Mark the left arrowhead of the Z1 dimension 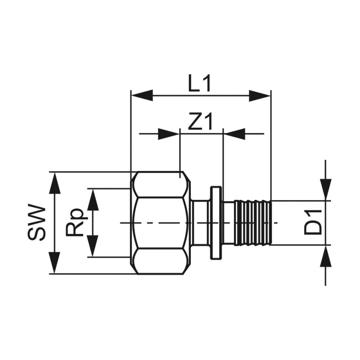point(169,134)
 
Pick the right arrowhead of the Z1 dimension point(234,134)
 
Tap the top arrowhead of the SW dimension point(54,182)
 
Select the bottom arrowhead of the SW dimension point(54,263)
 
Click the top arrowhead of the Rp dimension point(93,199)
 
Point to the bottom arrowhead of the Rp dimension point(93,246)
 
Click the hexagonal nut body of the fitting point(160,223)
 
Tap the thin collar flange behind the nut point(216,223)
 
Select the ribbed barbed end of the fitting point(254,223)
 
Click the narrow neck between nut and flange point(199,223)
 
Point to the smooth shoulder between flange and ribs point(229,223)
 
